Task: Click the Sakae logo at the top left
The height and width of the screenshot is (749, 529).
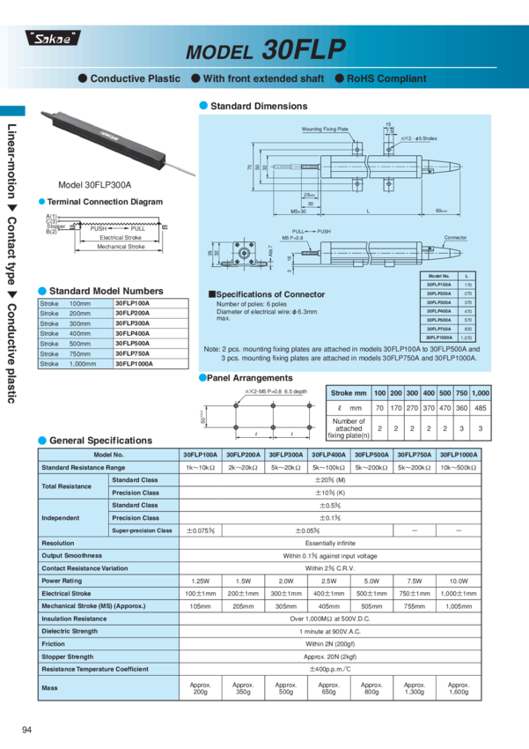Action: pyautogui.click(x=51, y=37)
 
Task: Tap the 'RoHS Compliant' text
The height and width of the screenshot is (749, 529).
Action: pyautogui.click(x=386, y=78)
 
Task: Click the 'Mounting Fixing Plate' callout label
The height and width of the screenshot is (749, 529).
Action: pyautogui.click(x=325, y=129)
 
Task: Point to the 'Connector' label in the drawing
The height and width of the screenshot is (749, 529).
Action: pyautogui.click(x=455, y=238)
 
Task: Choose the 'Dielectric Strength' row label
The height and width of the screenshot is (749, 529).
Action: pyautogui.click(x=70, y=631)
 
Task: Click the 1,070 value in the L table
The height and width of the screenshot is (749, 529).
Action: pyautogui.click(x=467, y=337)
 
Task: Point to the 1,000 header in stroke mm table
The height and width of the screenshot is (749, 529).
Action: pyautogui.click(x=480, y=391)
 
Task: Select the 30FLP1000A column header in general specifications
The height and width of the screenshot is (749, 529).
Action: pyautogui.click(x=459, y=455)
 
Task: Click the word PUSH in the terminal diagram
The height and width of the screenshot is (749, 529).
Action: pyautogui.click(x=98, y=228)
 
